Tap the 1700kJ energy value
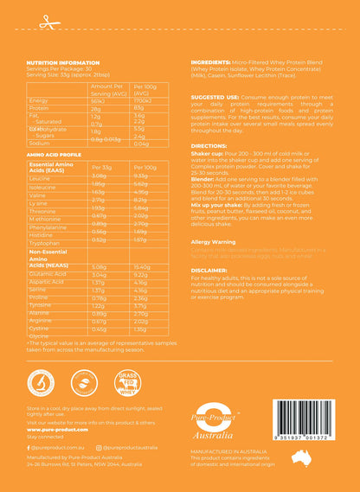[x=144, y=101]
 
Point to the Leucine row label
[x=40, y=176]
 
